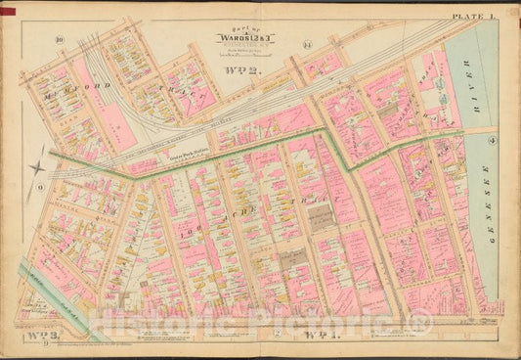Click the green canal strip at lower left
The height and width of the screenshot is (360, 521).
click(59, 303)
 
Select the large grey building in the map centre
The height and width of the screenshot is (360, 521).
click(322, 220)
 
